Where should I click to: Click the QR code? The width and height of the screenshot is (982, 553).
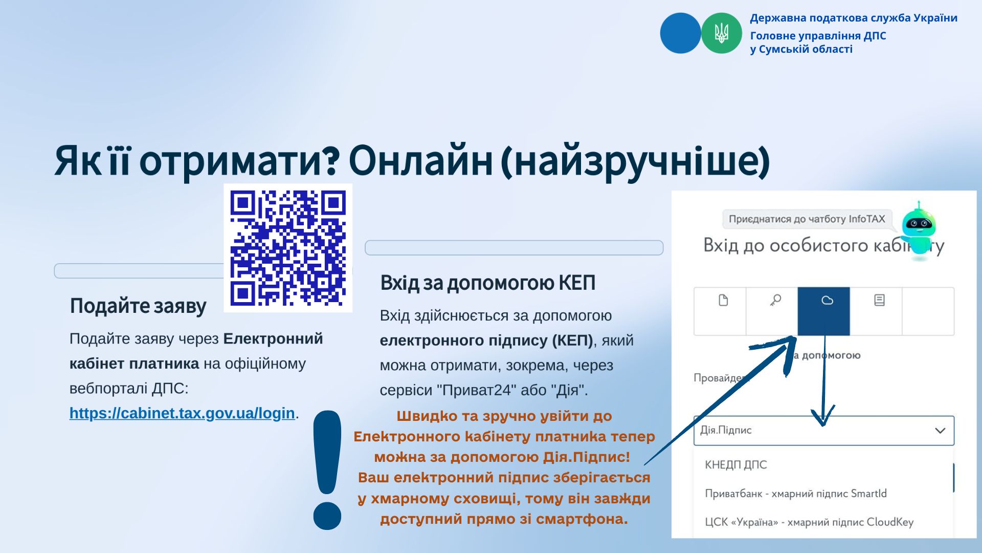coord(288,248)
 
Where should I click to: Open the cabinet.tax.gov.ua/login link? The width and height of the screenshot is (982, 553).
coord(182,413)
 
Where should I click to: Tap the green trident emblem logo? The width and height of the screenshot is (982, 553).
coord(721,33)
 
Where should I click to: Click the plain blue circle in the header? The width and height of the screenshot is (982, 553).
coord(680,33)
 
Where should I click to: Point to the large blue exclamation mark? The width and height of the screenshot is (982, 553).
coord(327,470)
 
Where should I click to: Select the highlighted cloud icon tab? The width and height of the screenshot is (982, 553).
coord(823,311)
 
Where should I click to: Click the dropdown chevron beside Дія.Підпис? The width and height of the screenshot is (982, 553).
coord(940,431)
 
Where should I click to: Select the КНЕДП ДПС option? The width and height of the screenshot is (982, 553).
coord(736,465)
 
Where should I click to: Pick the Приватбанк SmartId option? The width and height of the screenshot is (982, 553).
coord(796,494)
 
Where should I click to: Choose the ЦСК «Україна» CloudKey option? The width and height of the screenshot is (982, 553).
coord(809,522)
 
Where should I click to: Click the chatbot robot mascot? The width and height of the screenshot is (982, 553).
coord(919,230)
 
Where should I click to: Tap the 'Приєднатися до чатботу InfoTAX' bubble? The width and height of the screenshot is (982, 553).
coord(807,219)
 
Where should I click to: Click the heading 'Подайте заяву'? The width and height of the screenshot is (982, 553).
coord(138,306)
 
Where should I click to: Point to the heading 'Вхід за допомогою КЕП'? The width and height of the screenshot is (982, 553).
coord(488,283)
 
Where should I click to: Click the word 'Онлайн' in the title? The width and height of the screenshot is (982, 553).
coord(420,161)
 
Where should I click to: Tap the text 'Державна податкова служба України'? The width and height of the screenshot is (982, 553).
coord(854,18)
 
